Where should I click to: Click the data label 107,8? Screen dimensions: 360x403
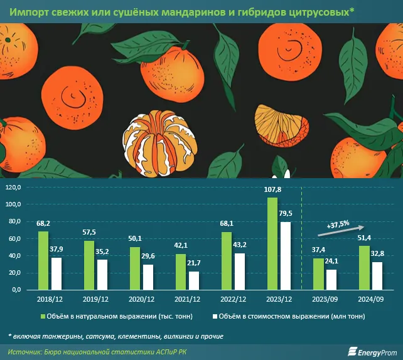pyautogui.click(x=272, y=189)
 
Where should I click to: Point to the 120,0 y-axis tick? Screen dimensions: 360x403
pyautogui.click(x=13, y=188)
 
